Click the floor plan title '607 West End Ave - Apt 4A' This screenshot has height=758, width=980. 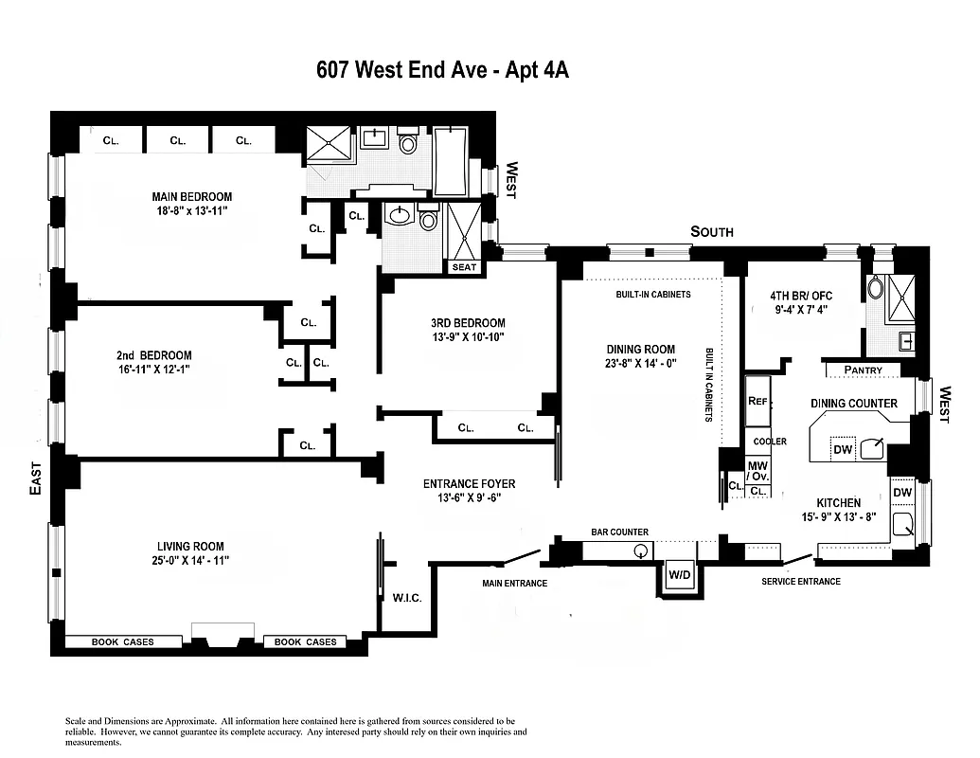[x=442, y=71]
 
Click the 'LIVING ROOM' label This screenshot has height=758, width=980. [x=190, y=547]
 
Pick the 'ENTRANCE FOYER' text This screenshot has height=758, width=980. [x=469, y=484]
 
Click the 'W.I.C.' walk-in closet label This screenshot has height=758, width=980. [x=406, y=598]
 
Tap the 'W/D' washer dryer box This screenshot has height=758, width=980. [x=679, y=575]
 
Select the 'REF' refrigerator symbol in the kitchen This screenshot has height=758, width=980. [x=757, y=402]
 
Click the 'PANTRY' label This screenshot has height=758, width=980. [x=863, y=370]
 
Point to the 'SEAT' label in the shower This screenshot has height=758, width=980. [x=465, y=267]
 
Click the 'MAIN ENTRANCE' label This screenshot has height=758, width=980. [x=514, y=583]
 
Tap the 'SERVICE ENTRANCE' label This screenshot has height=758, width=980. [x=800, y=581]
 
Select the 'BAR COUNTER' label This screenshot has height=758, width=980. [x=619, y=532]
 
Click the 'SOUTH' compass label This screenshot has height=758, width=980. [x=711, y=231]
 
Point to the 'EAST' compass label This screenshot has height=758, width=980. [x=35, y=478]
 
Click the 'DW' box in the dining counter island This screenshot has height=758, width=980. [x=843, y=448]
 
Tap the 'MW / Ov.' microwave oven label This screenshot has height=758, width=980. [x=757, y=471]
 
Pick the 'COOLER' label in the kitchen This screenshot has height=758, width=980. [x=769, y=442]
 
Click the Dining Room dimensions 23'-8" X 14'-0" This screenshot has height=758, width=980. [x=641, y=363]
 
